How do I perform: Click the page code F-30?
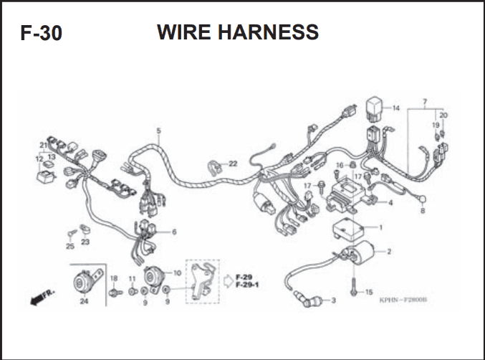coord(41,33)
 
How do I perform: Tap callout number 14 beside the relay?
coord(396,108)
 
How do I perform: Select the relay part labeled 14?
coord(374,108)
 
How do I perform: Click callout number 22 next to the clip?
coord(232,164)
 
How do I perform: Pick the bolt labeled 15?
coord(353,287)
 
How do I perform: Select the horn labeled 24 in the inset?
coord(85,281)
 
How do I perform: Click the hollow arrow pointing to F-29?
coord(229,281)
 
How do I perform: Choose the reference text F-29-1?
coord(247,285)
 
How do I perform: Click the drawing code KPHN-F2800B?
coord(403,300)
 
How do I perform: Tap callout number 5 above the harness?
coord(158,131)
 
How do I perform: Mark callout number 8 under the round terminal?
coord(423,211)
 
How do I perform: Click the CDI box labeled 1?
coord(348,230)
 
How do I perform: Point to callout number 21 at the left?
coord(43,146)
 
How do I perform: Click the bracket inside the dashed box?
coord(201,281)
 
